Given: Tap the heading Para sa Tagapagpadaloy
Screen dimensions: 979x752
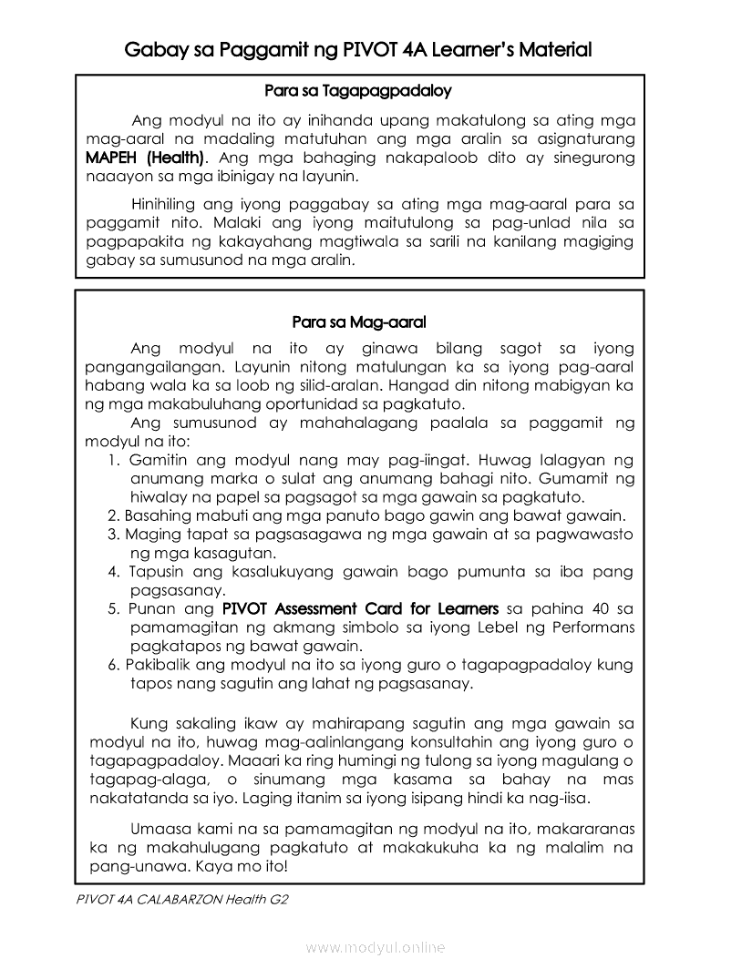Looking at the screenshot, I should (x=358, y=91).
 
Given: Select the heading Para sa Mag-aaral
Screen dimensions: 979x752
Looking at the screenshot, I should (x=359, y=322).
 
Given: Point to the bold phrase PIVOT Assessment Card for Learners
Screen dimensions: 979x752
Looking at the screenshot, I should (x=360, y=608).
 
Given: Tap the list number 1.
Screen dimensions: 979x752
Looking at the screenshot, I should (x=113, y=461).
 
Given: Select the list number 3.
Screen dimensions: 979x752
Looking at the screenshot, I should (x=113, y=535).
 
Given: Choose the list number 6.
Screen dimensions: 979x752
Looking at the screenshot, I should (x=113, y=665).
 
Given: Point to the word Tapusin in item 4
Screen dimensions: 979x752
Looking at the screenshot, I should (x=155, y=572).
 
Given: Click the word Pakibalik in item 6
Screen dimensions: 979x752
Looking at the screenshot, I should (x=157, y=665).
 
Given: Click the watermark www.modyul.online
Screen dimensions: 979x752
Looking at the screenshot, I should (x=376, y=948).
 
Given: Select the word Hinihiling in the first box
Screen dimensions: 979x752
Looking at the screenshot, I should (x=169, y=204).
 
